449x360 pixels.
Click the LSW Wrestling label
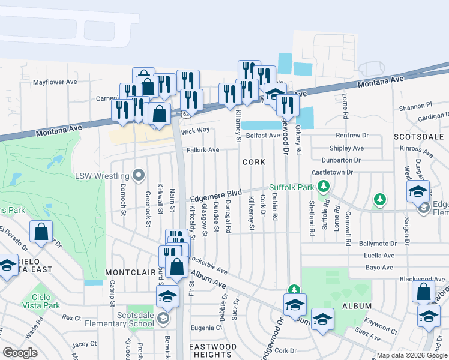101,176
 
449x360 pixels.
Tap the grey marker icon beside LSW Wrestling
139,176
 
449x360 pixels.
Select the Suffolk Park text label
291,187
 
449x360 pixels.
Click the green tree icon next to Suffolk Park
324,187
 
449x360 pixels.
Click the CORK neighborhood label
254,163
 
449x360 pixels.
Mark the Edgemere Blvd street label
215,196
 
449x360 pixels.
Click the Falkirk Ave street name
202,150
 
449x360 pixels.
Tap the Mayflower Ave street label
55,82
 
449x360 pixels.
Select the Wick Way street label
195,130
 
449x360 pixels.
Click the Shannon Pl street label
415,106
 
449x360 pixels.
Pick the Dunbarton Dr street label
340,160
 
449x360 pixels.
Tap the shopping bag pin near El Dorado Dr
41,232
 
